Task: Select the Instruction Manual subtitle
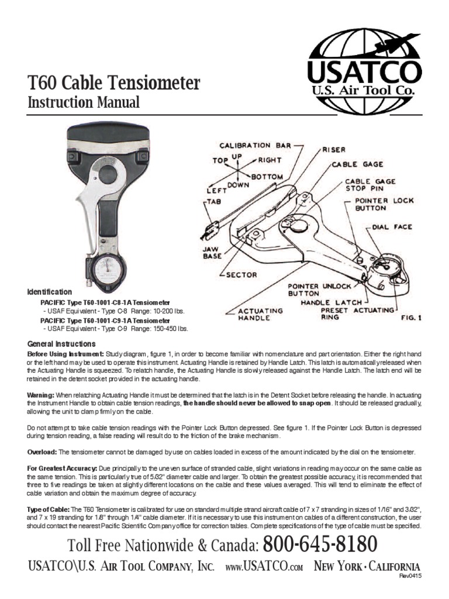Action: point(84,103)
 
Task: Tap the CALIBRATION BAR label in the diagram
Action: point(246,144)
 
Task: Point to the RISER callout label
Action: point(334,149)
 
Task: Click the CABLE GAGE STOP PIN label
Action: point(370,185)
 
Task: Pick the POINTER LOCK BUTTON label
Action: point(385,205)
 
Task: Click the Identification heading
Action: point(50,291)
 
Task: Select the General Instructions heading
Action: point(62,344)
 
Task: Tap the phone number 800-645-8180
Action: point(320,545)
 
